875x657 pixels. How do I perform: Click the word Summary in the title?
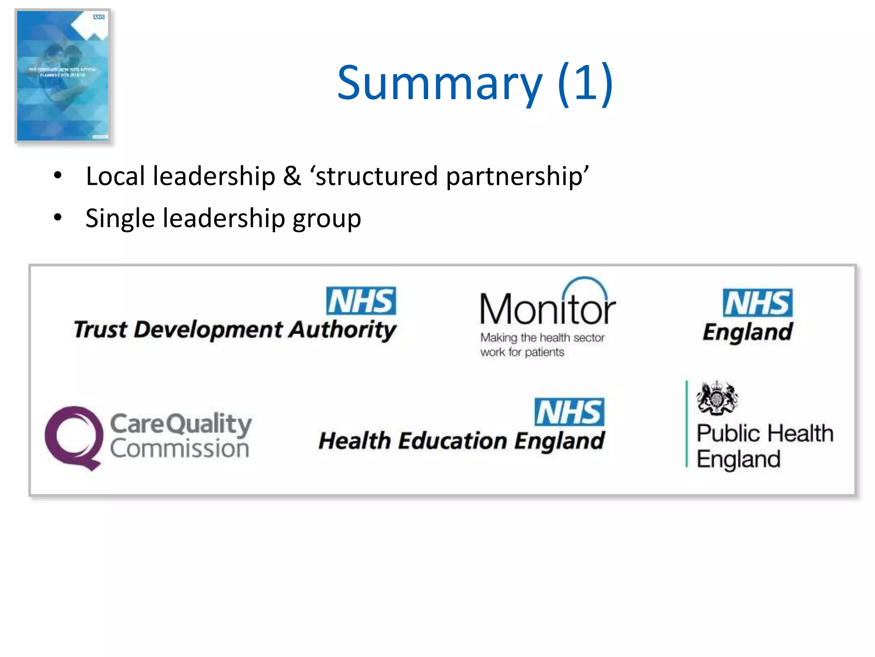(439, 83)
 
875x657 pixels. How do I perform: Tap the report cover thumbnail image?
(63, 76)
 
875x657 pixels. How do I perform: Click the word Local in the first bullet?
(115, 176)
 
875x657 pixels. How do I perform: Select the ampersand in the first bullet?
(292, 176)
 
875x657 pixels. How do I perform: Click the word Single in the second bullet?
(120, 219)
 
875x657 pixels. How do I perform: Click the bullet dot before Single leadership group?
(58, 217)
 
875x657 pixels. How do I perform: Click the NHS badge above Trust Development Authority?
(361, 301)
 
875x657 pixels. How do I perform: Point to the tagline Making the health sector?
(542, 338)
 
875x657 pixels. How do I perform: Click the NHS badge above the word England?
(758, 303)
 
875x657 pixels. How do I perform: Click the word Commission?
(179, 449)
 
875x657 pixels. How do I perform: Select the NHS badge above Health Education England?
(569, 412)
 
